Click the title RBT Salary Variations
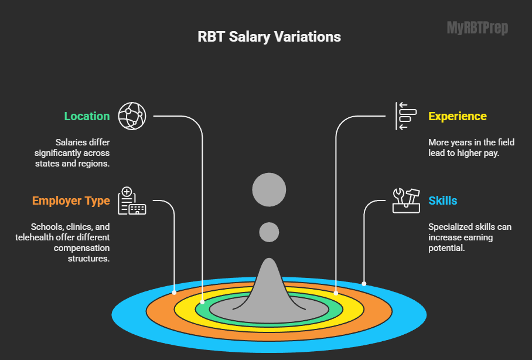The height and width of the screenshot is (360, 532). pos(269,36)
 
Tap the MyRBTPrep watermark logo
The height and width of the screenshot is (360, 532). pos(478,28)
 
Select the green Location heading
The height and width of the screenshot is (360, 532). pos(87,116)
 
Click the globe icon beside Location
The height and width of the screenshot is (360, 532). pos(131,116)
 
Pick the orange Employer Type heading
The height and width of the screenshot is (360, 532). pos(71,201)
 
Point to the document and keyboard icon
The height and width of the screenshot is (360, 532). pos(131,201)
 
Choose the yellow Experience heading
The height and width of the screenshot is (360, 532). pos(457,116)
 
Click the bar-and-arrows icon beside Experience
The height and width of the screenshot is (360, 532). pos(404,116)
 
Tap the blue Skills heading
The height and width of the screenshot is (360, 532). pos(442,201)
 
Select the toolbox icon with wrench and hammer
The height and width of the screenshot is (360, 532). pos(405,200)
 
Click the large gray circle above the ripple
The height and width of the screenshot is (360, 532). pos(269,189)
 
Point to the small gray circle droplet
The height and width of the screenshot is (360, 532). pos(269,232)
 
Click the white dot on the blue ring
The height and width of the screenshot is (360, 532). pos(364,284)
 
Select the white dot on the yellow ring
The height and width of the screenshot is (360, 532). pos(336,293)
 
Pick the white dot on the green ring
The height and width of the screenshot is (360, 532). pos(203,302)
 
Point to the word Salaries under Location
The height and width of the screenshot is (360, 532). pos(73,142)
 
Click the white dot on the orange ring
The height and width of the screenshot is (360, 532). pos(174,291)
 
